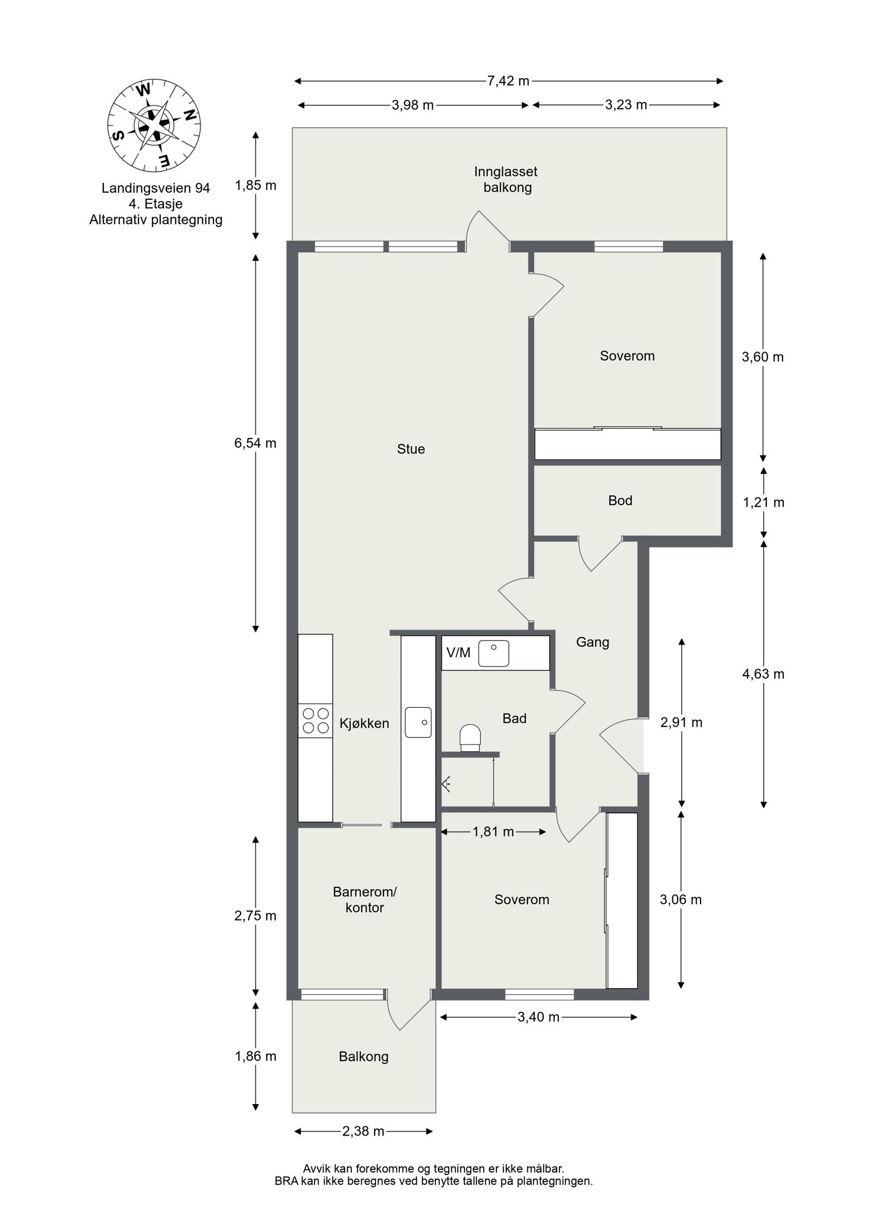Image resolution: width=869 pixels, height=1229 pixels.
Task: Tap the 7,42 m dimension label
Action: pos(508,81)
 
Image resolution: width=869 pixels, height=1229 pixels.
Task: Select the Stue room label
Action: pos(411,449)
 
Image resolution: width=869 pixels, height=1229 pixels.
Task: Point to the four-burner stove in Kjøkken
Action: pos(315,720)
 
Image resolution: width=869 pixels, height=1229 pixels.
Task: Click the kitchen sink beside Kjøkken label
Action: pos(418,722)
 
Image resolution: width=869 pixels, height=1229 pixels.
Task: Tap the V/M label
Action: pos(458,653)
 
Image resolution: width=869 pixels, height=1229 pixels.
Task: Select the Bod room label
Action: pos(620,500)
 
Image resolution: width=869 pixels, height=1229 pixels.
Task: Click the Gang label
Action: pos(593,642)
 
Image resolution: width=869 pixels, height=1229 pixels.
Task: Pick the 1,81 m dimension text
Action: pos(493,831)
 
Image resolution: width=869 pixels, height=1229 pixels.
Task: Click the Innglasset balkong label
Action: pos(506,180)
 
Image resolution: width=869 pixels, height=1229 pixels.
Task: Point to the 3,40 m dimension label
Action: pos(538,1017)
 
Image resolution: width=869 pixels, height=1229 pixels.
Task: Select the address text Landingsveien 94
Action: pos(156,188)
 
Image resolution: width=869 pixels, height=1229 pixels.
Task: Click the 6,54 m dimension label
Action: pos(255,443)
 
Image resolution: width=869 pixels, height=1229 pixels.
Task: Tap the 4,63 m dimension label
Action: pos(763,674)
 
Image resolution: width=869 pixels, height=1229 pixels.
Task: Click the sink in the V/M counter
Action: pos(493,653)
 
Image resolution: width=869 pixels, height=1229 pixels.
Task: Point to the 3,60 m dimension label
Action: pos(763,357)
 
